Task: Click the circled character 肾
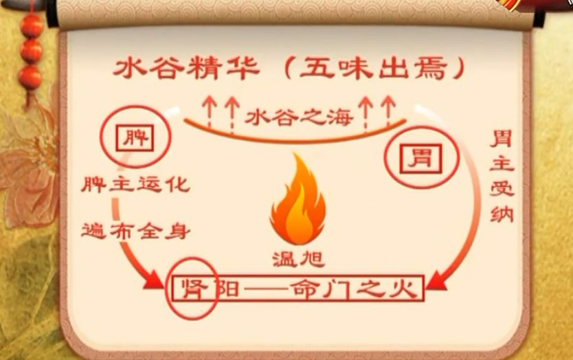[x=192, y=288]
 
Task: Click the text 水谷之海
[x=299, y=116]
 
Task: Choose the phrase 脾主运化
[x=135, y=185]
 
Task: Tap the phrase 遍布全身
[x=135, y=229]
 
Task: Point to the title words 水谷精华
[x=187, y=69]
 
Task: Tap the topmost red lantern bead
[x=31, y=26]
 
